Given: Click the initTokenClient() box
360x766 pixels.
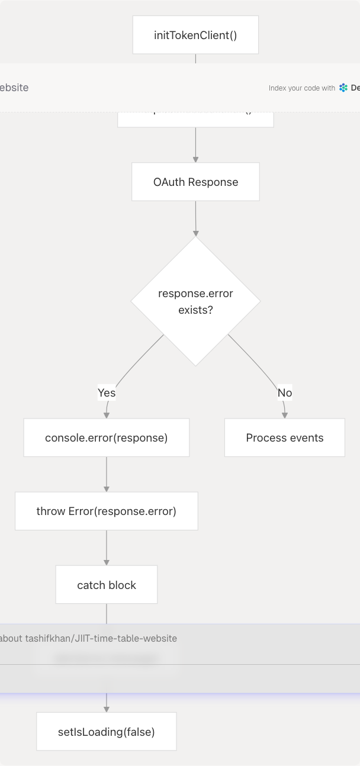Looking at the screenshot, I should pos(195,35).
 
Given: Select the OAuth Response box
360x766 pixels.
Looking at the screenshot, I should pos(195,182).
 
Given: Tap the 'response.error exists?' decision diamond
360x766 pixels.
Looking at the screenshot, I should pos(195,301).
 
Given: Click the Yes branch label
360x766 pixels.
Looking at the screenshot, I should pos(107,392).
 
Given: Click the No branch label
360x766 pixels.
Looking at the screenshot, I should pos(285,392).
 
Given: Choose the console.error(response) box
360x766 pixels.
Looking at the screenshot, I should pos(107,437).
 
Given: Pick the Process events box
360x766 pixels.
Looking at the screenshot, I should pos(285,437).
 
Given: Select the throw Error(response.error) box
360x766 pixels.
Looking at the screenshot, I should pos(107,511).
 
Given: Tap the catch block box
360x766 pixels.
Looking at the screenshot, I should pos(107,585).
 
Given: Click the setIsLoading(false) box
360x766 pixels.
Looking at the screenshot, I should pos(107,732).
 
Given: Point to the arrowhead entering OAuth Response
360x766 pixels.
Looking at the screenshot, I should pos(195,159).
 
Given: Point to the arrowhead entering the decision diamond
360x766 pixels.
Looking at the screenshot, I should pos(195,233).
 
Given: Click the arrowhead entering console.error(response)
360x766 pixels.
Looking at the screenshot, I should pos(107,415).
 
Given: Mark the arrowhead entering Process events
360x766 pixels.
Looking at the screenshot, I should pos(285,415).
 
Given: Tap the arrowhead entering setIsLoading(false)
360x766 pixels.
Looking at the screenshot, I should pos(107,709).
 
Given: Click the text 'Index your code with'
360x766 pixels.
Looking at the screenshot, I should pos(302,88).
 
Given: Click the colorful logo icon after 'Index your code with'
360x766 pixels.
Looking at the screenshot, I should pos(343,88).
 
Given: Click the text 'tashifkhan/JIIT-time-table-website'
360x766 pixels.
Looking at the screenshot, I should pos(101,638).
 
